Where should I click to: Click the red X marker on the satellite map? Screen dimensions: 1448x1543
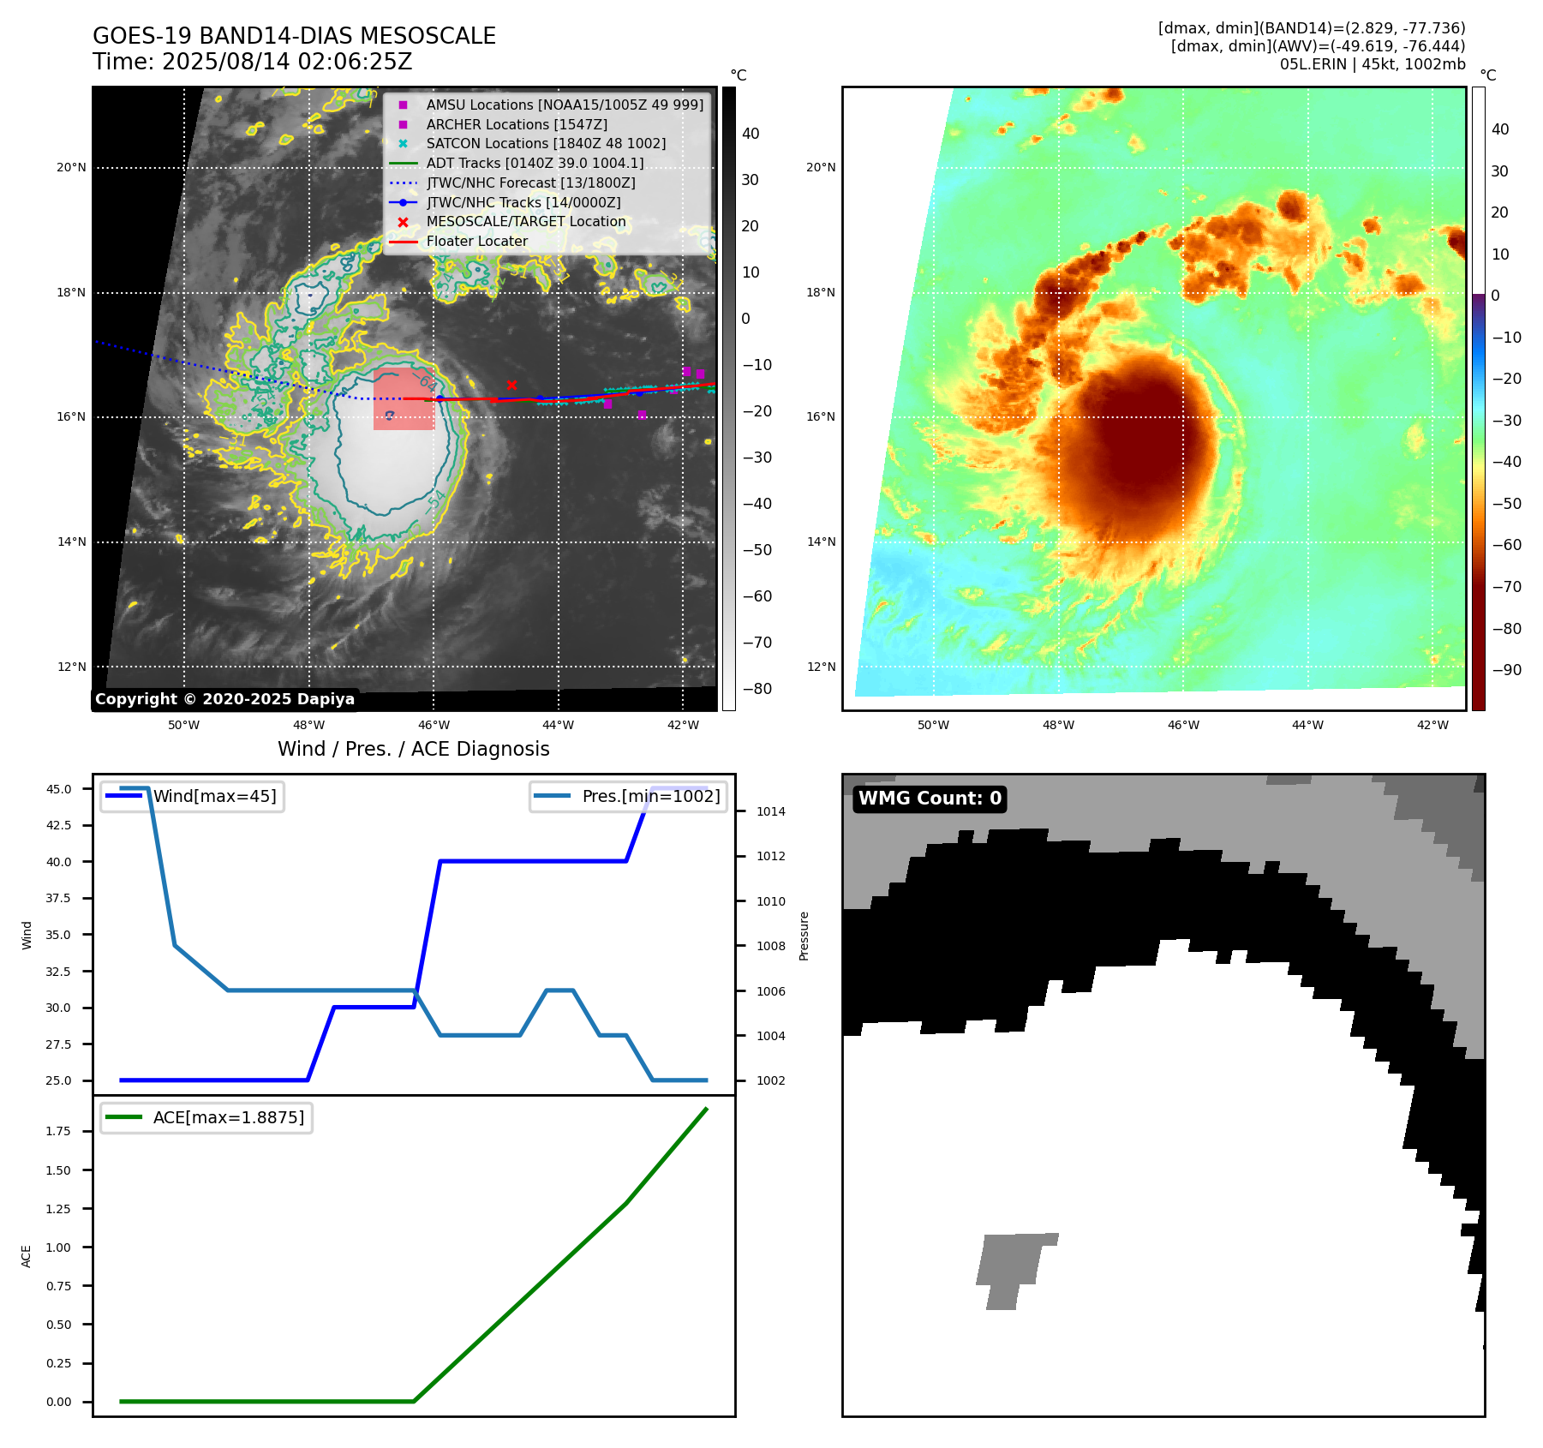(x=511, y=386)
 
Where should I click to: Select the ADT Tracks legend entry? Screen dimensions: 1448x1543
(x=535, y=163)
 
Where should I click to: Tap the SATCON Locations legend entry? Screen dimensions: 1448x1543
(x=546, y=143)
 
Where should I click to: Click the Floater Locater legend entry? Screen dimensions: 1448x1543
(x=476, y=241)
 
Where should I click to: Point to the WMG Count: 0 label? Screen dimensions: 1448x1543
(x=930, y=799)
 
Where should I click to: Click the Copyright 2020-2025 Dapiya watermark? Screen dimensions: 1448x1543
(x=224, y=699)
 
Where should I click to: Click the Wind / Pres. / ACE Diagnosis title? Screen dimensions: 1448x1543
(x=413, y=749)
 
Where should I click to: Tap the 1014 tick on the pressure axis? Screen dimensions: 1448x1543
(x=770, y=811)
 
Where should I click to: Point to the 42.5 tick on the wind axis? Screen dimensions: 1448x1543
(x=58, y=825)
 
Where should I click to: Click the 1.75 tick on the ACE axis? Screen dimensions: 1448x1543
(x=58, y=1131)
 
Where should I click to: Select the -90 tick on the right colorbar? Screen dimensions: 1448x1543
(x=1506, y=670)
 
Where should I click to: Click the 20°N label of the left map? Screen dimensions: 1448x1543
(x=71, y=167)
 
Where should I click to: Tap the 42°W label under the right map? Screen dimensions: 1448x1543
(x=1432, y=725)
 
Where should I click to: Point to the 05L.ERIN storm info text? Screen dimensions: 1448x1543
(x=1372, y=64)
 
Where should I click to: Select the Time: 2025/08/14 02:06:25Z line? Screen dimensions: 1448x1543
(x=252, y=62)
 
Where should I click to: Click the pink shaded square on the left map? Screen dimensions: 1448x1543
(x=404, y=399)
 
